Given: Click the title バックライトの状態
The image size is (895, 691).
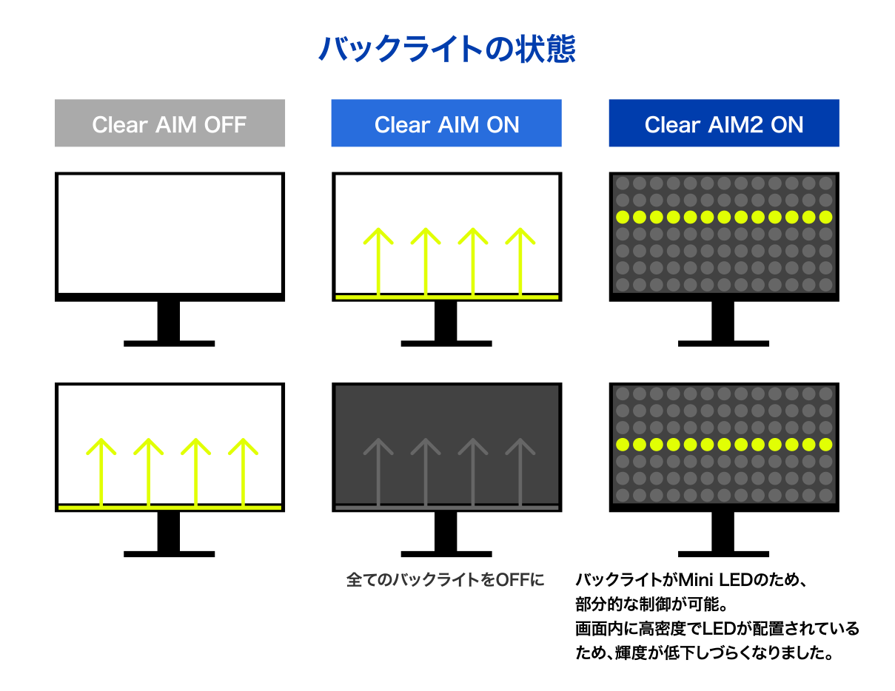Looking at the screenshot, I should click(x=446, y=50).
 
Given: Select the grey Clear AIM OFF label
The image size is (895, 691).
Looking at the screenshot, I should click(x=170, y=124).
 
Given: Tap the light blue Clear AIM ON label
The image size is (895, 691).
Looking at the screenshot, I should click(x=446, y=124).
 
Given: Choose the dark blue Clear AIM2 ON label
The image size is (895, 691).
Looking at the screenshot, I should click(x=723, y=124).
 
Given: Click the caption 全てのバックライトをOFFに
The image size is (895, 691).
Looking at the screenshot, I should click(x=445, y=579).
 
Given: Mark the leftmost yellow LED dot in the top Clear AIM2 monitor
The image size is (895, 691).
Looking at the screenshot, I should click(x=623, y=217).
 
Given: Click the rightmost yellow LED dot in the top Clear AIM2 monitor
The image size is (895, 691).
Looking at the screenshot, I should click(x=826, y=217).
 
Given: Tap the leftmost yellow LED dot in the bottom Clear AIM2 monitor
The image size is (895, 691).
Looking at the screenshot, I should click(x=623, y=444).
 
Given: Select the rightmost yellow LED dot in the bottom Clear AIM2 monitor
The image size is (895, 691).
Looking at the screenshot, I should click(x=826, y=444).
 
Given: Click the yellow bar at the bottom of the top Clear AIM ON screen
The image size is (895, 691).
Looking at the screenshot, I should click(x=446, y=297).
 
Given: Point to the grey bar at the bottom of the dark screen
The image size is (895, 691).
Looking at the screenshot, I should click(x=446, y=508).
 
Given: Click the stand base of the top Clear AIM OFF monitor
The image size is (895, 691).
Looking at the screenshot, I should click(x=170, y=343).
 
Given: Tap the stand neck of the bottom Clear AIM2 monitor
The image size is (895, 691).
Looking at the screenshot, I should click(x=723, y=530).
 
